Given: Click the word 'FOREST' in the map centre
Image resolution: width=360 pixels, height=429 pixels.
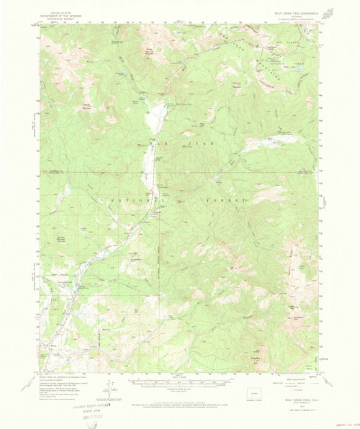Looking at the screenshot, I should [233, 195].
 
